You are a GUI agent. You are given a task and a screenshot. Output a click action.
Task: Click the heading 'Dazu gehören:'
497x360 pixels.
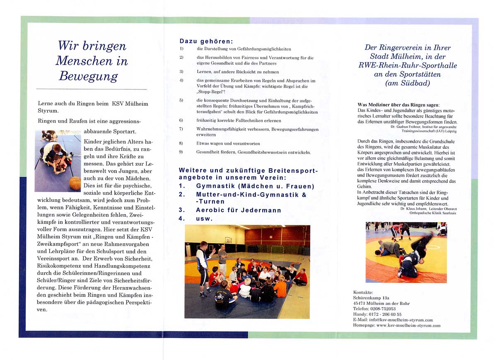click(206, 41)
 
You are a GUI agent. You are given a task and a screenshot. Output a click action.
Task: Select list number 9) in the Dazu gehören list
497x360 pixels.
click(181, 152)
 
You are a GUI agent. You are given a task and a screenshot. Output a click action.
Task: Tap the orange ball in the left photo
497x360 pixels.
click(75, 183)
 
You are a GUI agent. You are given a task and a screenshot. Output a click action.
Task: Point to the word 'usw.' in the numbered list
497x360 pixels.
click(204, 218)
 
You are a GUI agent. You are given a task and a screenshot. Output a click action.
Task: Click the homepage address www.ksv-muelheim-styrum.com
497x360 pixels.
click(408, 326)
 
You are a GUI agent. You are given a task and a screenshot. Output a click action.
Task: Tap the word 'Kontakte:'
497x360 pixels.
click(363, 292)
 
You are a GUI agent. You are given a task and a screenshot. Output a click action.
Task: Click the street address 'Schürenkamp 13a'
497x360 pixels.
click(372, 298)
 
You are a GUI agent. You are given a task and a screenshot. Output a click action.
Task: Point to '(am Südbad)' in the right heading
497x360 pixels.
click(408, 83)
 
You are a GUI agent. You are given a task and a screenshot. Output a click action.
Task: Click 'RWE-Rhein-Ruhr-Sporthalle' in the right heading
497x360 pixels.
click(408, 65)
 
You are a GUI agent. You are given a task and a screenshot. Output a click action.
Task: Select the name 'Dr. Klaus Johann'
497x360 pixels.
click(414, 208)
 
